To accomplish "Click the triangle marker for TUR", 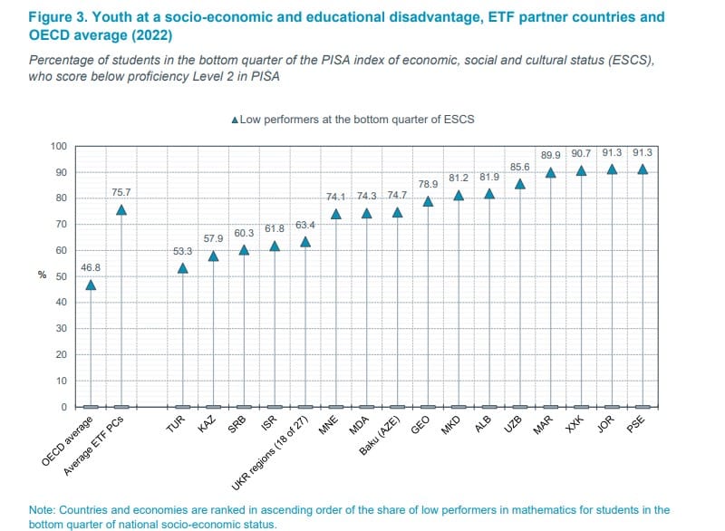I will tap(182, 268).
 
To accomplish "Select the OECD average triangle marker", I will tap(91, 285).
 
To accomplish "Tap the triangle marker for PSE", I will tap(643, 169).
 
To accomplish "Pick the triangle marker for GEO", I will tap(428, 201).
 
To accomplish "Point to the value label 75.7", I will tap(121, 192).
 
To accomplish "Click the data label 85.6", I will tap(519, 167).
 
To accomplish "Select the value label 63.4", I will tap(305, 224).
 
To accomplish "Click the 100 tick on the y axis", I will tap(58, 147).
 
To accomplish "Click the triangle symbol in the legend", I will tap(236, 120).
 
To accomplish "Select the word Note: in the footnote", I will tap(43, 510).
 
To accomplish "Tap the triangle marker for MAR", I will tap(550, 172).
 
